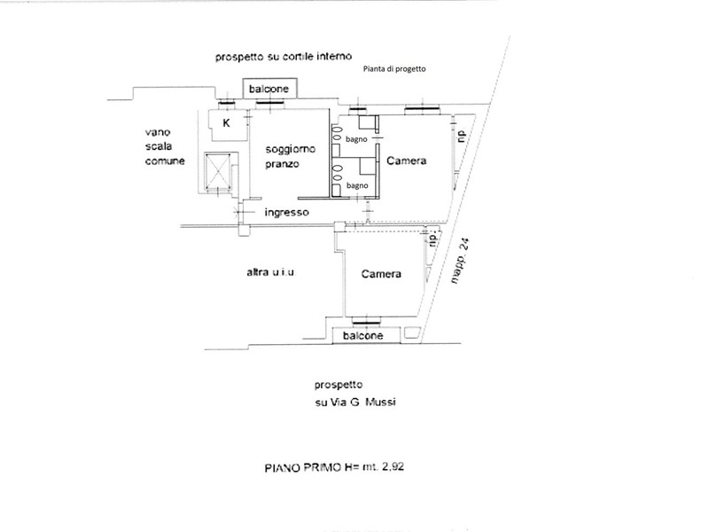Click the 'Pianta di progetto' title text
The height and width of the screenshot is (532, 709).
click(394, 69)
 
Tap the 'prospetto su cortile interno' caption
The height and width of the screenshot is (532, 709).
click(284, 57)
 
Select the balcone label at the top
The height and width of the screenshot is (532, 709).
click(269, 89)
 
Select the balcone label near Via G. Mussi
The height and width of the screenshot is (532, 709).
click(363, 336)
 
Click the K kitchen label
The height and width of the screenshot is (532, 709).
click(227, 122)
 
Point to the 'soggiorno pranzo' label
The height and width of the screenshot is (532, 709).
click(290, 157)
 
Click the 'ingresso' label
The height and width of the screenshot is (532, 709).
click(286, 212)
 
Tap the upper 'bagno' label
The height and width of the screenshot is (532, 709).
click(356, 139)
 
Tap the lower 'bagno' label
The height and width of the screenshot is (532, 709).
click(357, 185)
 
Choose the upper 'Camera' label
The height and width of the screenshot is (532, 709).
click(407, 160)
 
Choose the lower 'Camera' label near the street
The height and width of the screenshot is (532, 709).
click(381, 274)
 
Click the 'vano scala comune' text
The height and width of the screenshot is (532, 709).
click(165, 146)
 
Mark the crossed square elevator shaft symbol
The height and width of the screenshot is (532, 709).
click(218, 172)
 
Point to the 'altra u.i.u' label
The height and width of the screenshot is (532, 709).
click(271, 272)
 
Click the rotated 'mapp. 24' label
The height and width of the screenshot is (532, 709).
click(460, 261)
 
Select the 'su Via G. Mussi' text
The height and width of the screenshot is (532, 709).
click(355, 402)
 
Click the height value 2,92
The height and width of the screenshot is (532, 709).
click(393, 466)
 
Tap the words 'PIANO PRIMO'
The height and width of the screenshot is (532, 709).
click(303, 467)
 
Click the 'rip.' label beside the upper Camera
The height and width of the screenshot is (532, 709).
click(461, 137)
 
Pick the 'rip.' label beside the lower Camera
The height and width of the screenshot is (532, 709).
click(433, 238)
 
